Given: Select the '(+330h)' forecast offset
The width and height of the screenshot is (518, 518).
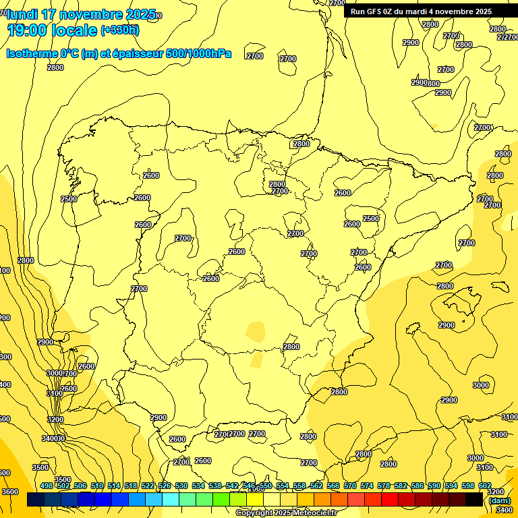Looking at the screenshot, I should pos(119,30).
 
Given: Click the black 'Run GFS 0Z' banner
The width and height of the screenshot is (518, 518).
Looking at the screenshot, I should pos(421,11).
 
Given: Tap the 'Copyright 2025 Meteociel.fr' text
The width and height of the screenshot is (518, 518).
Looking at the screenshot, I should pos(286,513).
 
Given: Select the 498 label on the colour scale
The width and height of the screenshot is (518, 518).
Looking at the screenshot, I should pos(47,486).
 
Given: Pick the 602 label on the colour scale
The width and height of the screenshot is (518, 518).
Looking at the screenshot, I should pos(485,486).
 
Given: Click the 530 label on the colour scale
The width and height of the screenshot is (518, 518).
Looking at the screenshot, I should pos(181,486).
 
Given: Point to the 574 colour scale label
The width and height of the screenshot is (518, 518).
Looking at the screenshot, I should pos(367,486).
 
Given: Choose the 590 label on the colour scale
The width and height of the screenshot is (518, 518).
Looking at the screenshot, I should pos(434,486).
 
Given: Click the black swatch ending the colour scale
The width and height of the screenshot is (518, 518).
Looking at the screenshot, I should pos(474,499).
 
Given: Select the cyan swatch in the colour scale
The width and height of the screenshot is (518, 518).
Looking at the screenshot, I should pos(171,499).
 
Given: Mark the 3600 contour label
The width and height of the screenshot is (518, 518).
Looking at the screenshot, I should pos(10,492).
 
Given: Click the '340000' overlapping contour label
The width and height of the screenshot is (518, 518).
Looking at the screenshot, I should pos(53,438).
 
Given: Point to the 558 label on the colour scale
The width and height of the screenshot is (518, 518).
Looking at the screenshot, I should pos(299,486).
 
